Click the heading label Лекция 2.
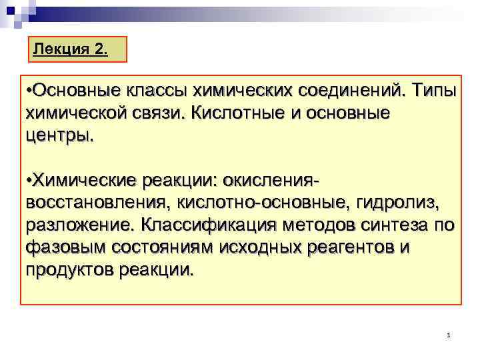(69, 49)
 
